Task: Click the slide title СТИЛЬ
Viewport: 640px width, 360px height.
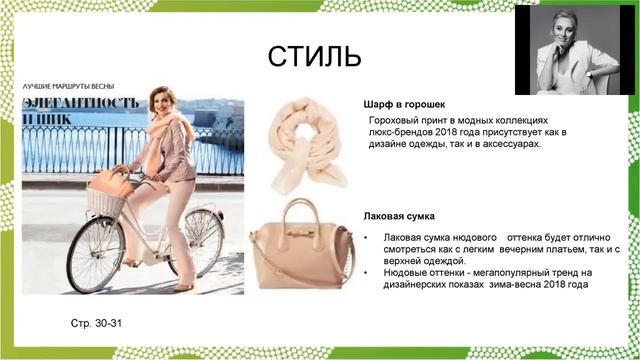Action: coord(314,57)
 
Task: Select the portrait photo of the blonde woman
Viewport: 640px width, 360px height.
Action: coord(575,49)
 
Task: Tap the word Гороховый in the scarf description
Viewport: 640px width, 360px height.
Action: coord(398,119)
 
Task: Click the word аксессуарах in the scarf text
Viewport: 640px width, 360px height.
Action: coord(504,144)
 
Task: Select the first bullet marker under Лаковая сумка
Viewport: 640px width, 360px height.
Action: coord(367,237)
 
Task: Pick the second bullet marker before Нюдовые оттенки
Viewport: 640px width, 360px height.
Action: coord(367,272)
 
